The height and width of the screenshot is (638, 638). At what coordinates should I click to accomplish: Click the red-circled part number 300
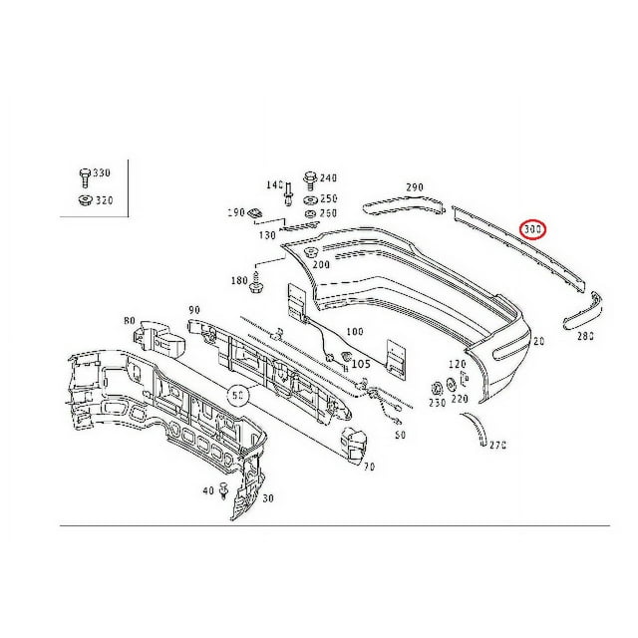pos(535,231)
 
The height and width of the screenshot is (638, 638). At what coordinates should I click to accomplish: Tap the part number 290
pos(415,187)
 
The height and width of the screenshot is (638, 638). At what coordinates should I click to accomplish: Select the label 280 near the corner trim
pos(585,336)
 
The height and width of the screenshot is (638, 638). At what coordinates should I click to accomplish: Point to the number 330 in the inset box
pos(102,173)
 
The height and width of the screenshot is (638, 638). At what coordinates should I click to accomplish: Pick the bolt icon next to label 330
pos(84,177)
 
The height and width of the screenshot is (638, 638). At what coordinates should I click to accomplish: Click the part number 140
pos(273,185)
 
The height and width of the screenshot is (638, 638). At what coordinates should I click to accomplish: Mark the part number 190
pos(235,213)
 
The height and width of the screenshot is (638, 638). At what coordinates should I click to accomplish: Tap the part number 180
pos(239,282)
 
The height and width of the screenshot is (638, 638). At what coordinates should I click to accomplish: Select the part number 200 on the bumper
pos(321,265)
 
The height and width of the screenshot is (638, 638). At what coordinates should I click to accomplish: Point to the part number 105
pos(361,364)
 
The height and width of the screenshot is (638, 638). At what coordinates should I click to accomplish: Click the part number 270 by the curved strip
pos(498,444)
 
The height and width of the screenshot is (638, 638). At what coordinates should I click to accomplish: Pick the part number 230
pos(437,403)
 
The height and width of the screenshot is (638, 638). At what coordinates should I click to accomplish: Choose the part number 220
pos(460,399)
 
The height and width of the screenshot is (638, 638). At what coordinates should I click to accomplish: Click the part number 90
pos(193,310)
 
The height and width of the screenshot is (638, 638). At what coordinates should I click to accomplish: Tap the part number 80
pos(130,321)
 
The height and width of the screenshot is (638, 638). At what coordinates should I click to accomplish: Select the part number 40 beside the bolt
pos(207,490)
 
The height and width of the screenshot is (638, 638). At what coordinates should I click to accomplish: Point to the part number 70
pos(368,466)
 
